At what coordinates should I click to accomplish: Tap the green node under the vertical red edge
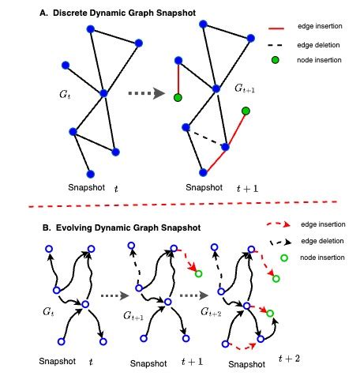pyautogui.click(x=178, y=97)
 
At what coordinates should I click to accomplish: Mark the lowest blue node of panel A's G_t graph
pyautogui.click(x=90, y=173)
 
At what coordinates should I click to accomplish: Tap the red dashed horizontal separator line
pyautogui.click(x=180, y=208)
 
